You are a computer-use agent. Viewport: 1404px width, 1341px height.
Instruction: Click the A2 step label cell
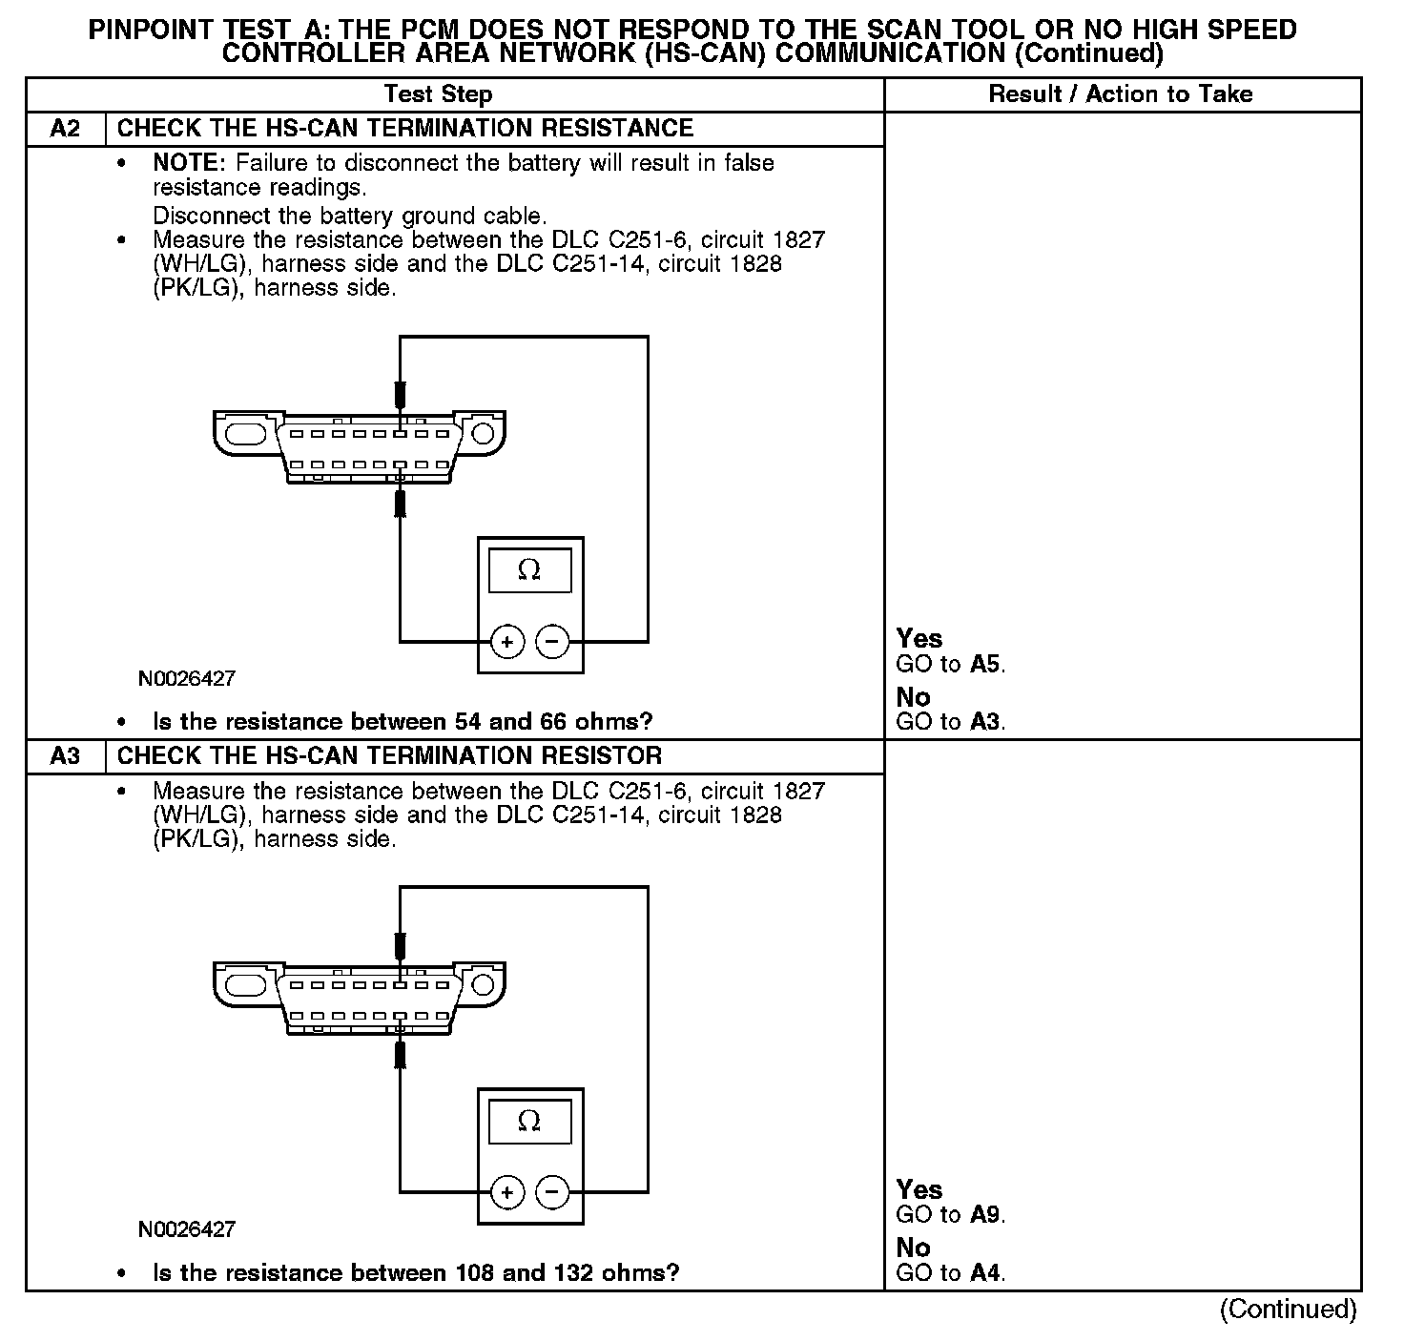pos(65,129)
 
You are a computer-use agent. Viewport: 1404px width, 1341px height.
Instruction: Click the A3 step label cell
pos(65,756)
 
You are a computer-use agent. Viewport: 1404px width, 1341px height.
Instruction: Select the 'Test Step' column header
pos(438,94)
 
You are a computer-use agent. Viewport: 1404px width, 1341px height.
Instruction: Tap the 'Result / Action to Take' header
pos(1121,94)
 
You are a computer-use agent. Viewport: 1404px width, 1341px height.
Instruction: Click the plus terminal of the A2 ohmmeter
pos(506,642)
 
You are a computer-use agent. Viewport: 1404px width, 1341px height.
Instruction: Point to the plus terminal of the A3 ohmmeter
pos(506,1192)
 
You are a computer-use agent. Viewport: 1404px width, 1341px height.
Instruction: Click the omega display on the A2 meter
pos(529,570)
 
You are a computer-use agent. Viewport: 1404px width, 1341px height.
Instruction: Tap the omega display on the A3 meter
pos(529,1121)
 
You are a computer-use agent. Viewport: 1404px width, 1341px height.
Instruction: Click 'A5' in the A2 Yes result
pos(985,664)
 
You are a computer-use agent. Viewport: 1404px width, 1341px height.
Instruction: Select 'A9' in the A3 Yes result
pos(985,1215)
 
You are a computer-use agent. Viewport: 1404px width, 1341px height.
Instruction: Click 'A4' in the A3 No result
pos(985,1273)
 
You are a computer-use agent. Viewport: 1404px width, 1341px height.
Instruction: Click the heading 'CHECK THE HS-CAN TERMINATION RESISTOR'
pos(389,756)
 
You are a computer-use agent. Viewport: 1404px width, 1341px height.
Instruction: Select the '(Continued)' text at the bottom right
pos(1288,1310)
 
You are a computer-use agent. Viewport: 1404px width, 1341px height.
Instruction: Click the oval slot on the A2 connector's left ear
pos(245,432)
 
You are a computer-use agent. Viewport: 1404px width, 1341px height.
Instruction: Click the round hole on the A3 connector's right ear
pos(483,984)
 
